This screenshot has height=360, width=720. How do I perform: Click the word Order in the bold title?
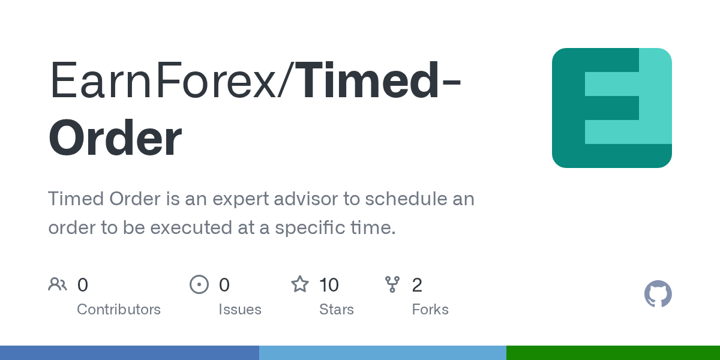[x=115, y=138]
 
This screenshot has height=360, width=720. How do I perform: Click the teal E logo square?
[x=611, y=108]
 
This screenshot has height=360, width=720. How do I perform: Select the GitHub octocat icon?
[x=658, y=294]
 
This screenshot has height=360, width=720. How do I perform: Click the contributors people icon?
[x=58, y=284]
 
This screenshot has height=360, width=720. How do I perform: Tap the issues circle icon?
[x=199, y=284]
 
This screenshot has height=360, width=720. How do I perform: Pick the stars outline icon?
[x=300, y=284]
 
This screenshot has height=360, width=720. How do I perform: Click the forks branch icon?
[x=392, y=284]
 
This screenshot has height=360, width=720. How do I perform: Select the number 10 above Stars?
[x=329, y=285]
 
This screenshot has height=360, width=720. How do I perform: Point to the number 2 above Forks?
[x=417, y=285]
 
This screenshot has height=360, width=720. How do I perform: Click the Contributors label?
[x=119, y=310]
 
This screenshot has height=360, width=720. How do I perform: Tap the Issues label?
[x=240, y=310]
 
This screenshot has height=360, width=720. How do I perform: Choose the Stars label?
[x=337, y=310]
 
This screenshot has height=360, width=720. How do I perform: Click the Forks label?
[x=430, y=310]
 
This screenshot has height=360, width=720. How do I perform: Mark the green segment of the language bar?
[x=613, y=353]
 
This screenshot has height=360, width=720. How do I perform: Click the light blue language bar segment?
[x=382, y=353]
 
